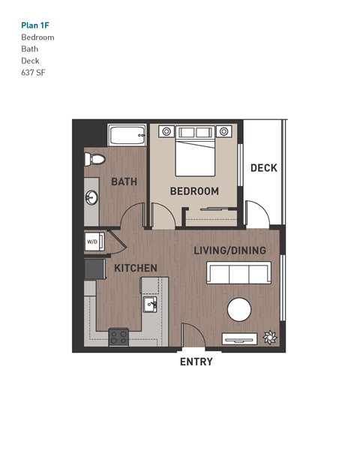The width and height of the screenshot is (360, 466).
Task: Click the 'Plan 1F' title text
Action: (35, 25)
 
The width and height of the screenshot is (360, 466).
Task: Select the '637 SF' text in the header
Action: (33, 73)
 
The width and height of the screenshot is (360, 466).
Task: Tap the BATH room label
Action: (123, 182)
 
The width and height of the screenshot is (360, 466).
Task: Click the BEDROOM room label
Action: (194, 191)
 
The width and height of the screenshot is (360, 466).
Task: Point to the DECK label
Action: (263, 168)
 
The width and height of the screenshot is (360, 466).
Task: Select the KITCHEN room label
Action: (135, 268)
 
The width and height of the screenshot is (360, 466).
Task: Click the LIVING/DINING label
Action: (229, 250)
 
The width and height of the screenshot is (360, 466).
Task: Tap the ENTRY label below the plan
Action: (196, 362)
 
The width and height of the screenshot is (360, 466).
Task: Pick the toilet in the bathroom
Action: (94, 159)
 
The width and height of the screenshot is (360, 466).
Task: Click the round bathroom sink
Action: (91, 198)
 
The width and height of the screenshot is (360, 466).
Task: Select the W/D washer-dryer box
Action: (93, 242)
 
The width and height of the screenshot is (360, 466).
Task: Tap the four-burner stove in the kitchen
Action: (118, 337)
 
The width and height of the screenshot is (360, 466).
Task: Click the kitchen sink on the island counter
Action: (149, 305)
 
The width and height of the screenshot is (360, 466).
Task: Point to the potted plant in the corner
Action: (269, 337)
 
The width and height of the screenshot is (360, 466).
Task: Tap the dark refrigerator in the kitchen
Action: (92, 266)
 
